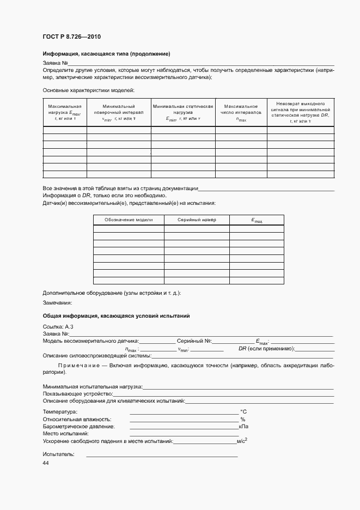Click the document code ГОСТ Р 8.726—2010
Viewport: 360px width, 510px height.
[x=71, y=37]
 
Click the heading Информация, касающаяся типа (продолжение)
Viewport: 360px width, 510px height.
[x=106, y=54]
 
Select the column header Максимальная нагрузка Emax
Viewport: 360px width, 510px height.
[x=64, y=112]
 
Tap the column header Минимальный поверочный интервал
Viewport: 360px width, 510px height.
[x=118, y=112]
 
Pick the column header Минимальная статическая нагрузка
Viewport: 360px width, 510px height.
[x=182, y=112]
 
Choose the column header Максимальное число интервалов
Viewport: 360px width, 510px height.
[x=241, y=112]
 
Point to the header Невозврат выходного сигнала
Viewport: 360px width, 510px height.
[x=300, y=112]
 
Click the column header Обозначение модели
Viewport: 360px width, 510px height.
[x=129, y=220]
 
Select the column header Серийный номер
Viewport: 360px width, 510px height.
[x=197, y=220]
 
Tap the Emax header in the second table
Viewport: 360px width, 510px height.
[x=257, y=220]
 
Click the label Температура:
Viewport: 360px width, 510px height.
[x=60, y=412]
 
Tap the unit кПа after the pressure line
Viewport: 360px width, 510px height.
[x=243, y=427]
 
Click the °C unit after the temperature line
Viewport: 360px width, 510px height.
[x=243, y=412]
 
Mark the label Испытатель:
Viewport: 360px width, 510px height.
[x=58, y=454]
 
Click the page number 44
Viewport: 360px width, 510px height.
[x=46, y=463]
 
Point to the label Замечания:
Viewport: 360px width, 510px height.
[x=57, y=303]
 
